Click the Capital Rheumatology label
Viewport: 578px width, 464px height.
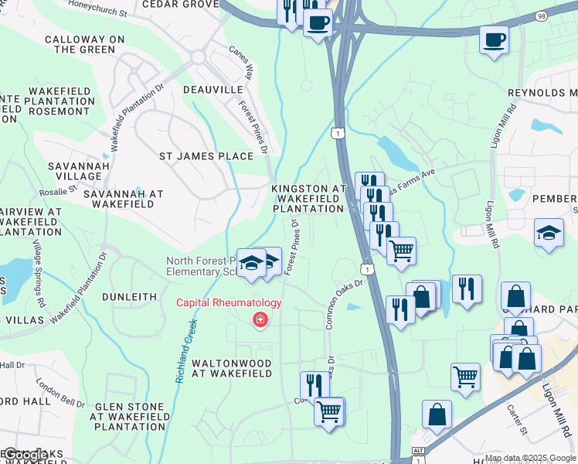click(x=229, y=302)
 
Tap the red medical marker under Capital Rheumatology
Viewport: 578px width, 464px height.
click(x=260, y=319)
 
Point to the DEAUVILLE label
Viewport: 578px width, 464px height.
click(x=213, y=90)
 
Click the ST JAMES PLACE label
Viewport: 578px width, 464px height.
click(x=206, y=156)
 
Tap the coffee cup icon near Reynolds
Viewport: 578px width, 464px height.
click(x=494, y=39)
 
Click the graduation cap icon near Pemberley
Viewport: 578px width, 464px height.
click(x=549, y=232)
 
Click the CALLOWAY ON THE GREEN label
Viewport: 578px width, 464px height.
click(x=80, y=44)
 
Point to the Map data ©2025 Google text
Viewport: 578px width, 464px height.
click(x=530, y=458)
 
